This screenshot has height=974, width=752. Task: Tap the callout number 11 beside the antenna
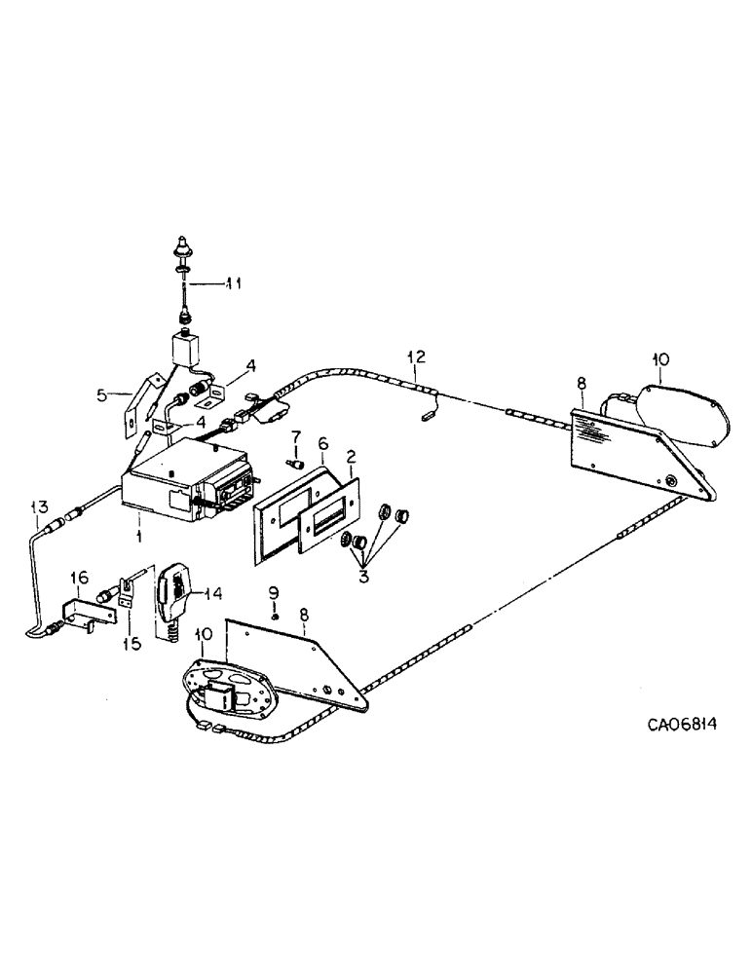[x=232, y=283]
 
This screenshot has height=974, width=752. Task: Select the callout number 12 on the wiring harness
[x=417, y=357]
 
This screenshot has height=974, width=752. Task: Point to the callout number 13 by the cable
[x=38, y=506]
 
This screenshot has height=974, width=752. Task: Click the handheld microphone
[x=175, y=585]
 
